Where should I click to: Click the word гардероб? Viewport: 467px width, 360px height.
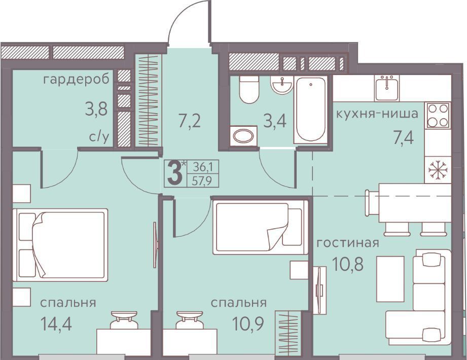[76, 80]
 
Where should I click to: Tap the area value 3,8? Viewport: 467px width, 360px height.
[96, 110]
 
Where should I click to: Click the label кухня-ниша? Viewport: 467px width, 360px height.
[377, 114]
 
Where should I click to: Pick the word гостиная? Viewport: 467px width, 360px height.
[347, 243]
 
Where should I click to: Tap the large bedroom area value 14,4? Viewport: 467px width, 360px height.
[57, 325]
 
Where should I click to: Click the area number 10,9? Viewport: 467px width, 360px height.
[248, 325]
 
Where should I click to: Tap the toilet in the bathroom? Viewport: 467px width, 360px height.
[248, 89]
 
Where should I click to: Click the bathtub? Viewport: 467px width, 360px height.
[310, 109]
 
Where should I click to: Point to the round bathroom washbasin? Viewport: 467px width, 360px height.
[281, 85]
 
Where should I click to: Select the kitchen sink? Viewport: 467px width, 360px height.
[387, 88]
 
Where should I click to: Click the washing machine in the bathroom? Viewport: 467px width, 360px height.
[243, 136]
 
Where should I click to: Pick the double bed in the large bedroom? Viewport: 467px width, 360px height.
[60, 245]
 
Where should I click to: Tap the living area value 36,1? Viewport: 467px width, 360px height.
[202, 166]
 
